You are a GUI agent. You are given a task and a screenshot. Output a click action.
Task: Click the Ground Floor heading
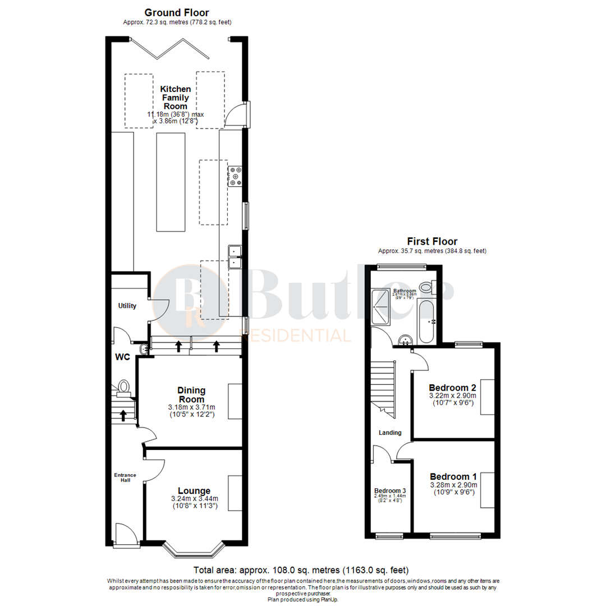[x=177, y=12]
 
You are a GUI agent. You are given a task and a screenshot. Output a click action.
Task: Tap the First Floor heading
[x=433, y=242]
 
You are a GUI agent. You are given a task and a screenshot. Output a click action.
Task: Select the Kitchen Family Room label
[x=175, y=98]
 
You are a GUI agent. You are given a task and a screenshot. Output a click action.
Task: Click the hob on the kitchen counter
[x=235, y=176]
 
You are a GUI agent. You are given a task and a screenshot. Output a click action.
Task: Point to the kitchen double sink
[x=235, y=256]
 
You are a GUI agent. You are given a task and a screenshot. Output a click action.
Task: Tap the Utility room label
[x=127, y=306]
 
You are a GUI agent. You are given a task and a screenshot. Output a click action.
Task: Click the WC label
[x=123, y=357]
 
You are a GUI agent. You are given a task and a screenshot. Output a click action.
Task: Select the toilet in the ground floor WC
[x=124, y=387]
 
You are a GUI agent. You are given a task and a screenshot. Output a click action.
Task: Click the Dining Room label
[x=191, y=394]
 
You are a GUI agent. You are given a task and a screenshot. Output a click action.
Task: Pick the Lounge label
[x=194, y=490]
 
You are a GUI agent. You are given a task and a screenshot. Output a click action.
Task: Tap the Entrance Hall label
[x=125, y=478]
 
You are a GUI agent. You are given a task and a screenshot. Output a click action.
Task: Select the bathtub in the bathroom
[x=425, y=323]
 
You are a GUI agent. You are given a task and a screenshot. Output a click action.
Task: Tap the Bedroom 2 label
[x=452, y=388]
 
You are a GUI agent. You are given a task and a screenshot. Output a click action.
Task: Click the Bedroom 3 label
[x=390, y=490]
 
